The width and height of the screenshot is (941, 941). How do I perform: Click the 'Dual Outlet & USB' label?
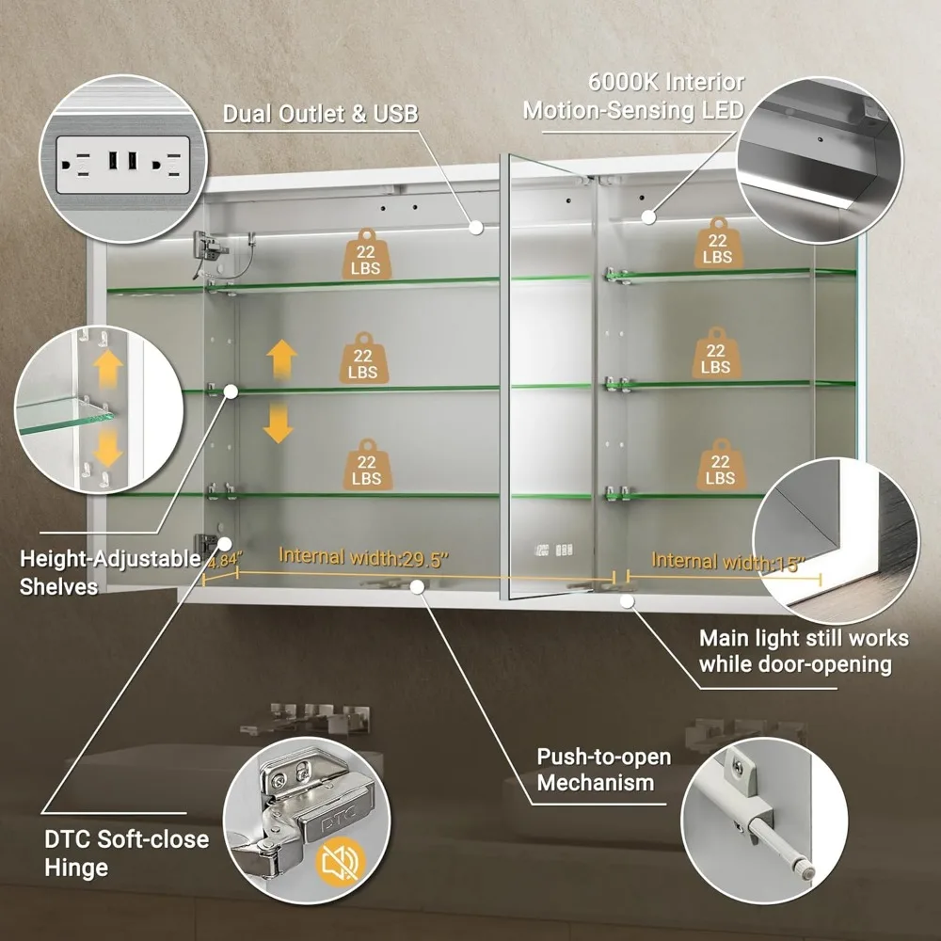pos(321,114)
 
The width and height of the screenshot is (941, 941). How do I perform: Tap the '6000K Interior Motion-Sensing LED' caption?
pos(633,96)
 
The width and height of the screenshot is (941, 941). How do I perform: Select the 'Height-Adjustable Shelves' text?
pos(110,572)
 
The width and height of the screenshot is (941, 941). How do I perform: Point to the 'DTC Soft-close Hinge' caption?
pos(126,852)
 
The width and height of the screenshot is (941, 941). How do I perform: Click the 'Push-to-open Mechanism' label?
pos(603,769)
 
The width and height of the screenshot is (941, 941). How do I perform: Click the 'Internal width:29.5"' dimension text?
pos(363,557)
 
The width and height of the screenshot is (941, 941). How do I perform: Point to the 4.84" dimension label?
pos(223,561)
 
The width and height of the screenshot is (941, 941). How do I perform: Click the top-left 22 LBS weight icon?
pos(364,251)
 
